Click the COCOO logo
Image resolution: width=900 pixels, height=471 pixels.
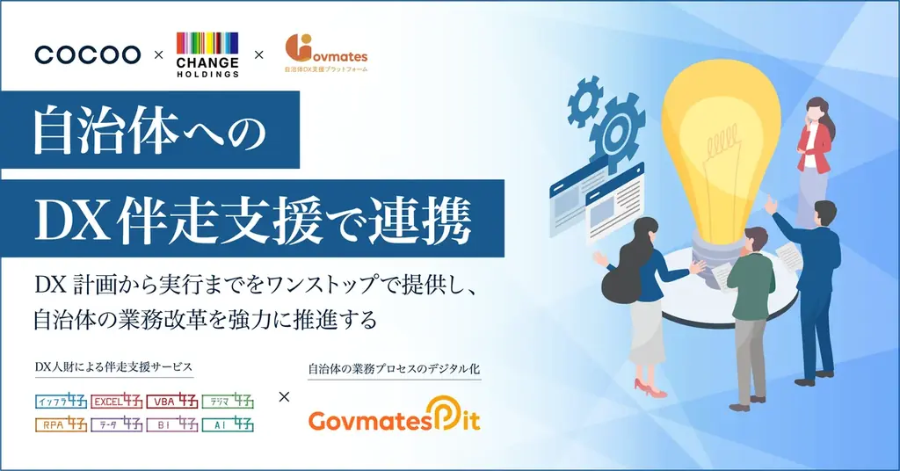[87, 54]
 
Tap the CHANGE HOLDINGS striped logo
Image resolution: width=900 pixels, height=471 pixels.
[207, 54]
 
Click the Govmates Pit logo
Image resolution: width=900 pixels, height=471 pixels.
[395, 418]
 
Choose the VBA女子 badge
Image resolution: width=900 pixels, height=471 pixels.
[171, 402]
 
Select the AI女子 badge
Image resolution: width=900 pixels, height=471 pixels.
[228, 424]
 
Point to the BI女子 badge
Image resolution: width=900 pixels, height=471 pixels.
[171, 424]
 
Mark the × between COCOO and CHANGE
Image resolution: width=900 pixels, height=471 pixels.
[158, 55]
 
